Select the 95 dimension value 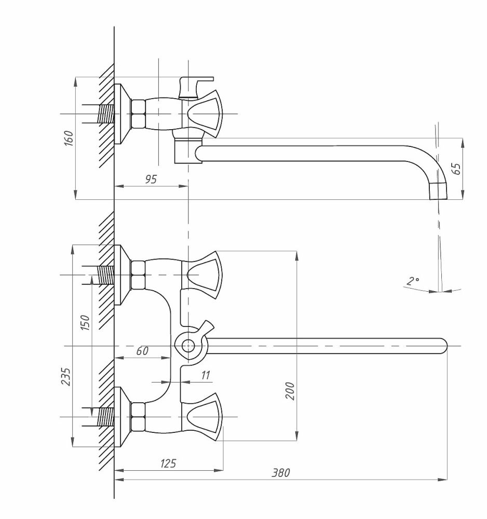click(151, 179)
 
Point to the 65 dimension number click(456, 169)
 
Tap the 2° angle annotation click(413, 282)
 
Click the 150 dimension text click(86, 323)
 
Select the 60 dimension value click(142, 351)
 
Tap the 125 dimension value click(168, 463)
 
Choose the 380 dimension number click(280, 473)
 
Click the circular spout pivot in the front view click(188, 345)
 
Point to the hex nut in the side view click(139, 114)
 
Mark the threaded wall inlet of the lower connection click(105, 417)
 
